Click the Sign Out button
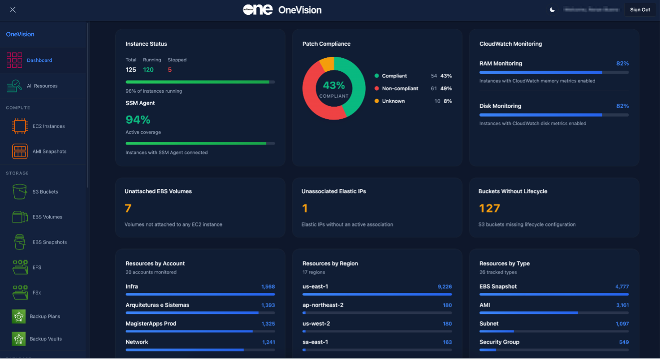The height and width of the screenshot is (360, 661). click(640, 10)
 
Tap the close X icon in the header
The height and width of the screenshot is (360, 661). click(13, 10)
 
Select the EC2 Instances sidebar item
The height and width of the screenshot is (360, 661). click(48, 126)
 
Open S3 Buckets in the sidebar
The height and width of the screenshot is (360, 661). click(45, 192)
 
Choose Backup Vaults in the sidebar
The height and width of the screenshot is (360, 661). click(46, 339)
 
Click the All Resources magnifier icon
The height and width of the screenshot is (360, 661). click(14, 86)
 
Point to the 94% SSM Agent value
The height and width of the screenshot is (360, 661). click(138, 120)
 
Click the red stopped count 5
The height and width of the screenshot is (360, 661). click(170, 70)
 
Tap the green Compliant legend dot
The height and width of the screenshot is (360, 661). click(376, 76)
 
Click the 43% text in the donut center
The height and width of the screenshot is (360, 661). click(333, 85)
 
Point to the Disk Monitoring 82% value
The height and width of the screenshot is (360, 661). click(622, 106)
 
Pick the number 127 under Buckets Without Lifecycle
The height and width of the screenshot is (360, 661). click(489, 208)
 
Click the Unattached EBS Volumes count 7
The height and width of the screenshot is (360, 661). click(128, 208)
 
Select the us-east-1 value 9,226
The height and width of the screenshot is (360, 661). click(445, 287)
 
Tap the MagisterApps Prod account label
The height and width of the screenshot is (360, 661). click(151, 324)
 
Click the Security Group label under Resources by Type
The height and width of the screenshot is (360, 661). click(499, 342)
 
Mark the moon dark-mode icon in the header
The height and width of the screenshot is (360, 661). click(553, 10)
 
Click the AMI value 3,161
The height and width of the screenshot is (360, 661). click(622, 305)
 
